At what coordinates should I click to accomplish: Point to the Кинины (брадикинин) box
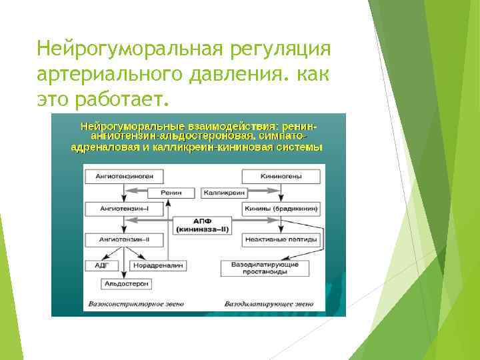pyautogui.click(x=281, y=208)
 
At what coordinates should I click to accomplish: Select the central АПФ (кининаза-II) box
pyautogui.click(x=202, y=225)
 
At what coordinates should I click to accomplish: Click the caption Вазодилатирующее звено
pyautogui.click(x=268, y=303)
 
